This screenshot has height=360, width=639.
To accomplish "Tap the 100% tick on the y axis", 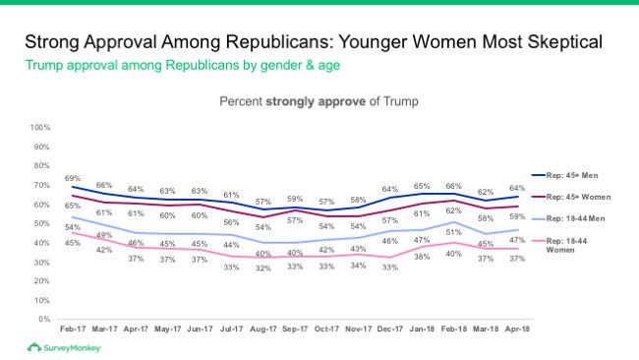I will pos(40,128).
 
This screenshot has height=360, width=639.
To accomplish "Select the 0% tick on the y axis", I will pos(44,319).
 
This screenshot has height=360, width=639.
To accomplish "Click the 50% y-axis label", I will pos(42,223).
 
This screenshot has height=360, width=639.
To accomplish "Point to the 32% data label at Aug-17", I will pos(262,268).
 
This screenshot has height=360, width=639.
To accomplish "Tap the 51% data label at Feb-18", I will pos(454,232).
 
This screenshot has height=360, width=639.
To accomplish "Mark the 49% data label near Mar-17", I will pos(104,234).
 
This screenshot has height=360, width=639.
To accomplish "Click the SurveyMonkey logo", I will pos(65,348).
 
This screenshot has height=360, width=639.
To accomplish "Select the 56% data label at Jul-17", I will pos(231,222).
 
